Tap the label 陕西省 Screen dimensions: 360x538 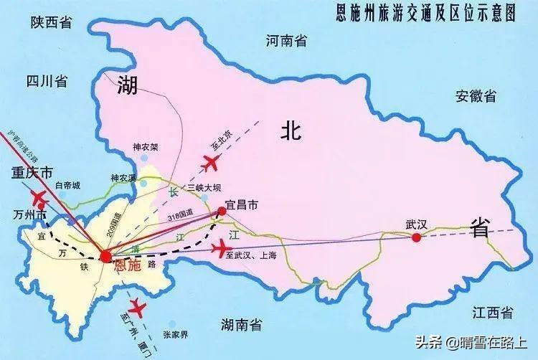point(51,23)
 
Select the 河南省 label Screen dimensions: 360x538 point(285,41)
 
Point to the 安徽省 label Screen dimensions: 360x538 point(475,95)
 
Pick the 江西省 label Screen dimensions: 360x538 point(492,312)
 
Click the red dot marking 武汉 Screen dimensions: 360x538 point(416,237)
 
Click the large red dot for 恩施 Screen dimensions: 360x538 point(106,256)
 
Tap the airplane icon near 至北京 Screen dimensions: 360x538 point(211,164)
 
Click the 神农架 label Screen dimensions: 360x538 point(145,148)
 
